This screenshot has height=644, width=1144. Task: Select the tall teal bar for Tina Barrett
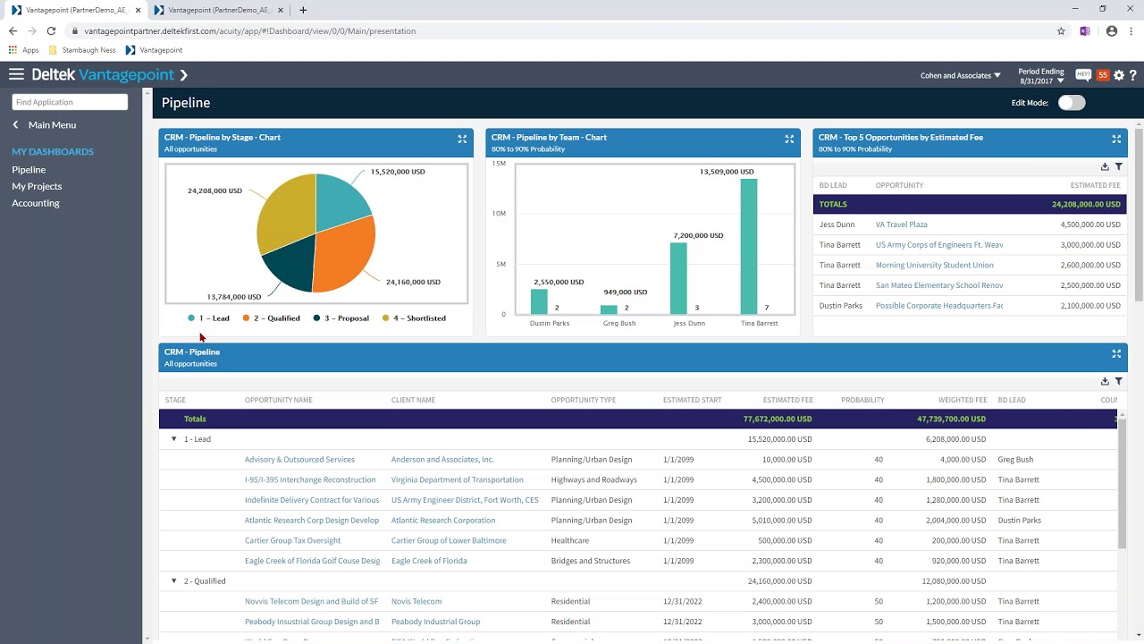click(x=749, y=246)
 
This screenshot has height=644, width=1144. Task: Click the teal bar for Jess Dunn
click(x=678, y=278)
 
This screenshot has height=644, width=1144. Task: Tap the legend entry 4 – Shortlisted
click(x=414, y=318)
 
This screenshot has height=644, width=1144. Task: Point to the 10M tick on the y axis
click(x=499, y=214)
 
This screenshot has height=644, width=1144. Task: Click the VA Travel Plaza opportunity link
click(x=901, y=225)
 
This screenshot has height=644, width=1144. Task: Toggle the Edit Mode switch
click(x=1072, y=103)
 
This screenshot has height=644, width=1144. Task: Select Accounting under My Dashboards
click(x=36, y=203)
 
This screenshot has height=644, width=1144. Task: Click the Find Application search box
click(x=70, y=102)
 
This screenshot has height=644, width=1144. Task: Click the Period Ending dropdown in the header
click(x=1041, y=76)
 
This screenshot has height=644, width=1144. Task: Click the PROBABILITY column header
click(x=862, y=400)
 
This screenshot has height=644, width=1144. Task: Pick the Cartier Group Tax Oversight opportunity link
click(x=292, y=540)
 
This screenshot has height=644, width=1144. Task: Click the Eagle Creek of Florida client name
click(x=429, y=561)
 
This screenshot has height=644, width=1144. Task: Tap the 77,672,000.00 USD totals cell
click(x=778, y=419)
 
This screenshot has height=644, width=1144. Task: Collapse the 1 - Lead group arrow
click(x=174, y=439)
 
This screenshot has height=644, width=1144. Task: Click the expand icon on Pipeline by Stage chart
click(x=462, y=139)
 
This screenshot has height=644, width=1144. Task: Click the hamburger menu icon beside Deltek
click(x=16, y=75)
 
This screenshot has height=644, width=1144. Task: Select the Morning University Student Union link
click(x=934, y=265)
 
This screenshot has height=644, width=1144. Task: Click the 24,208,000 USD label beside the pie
click(x=214, y=191)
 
